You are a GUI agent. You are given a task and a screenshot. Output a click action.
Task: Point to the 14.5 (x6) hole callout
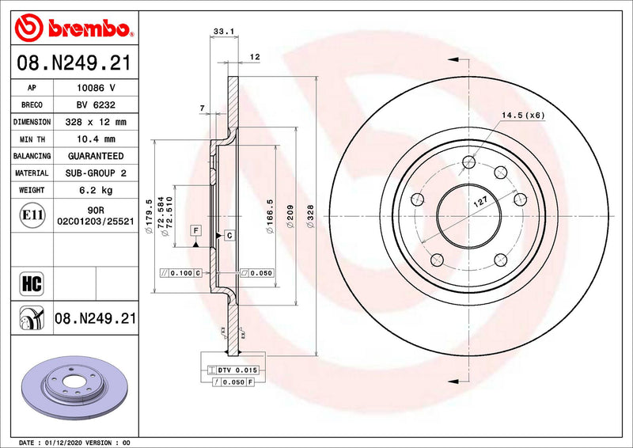pyautogui.click(x=522, y=116)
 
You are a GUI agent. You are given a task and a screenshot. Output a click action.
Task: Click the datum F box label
pyautogui.click(x=195, y=230)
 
